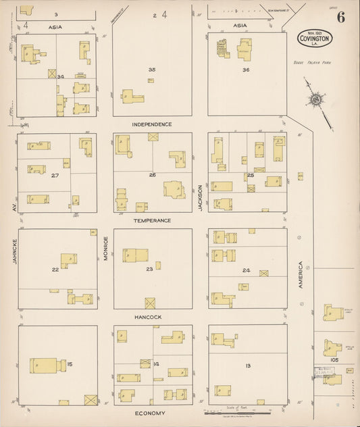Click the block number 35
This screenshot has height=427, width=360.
tap(152, 69)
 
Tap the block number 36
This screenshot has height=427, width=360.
tap(246, 70)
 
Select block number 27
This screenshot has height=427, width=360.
tap(55, 175)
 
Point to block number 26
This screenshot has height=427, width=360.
tap(153, 175)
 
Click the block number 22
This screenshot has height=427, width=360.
tap(55, 269)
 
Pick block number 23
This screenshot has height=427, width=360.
tap(150, 269)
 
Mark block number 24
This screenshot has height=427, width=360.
tap(247, 271)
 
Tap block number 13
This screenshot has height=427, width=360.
tap(248, 366)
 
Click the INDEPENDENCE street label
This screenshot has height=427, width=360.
tap(152, 124)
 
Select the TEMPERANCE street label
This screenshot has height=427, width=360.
tap(152, 221)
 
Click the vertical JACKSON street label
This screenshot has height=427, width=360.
tap(201, 198)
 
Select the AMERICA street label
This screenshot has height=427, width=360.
tap(301, 276)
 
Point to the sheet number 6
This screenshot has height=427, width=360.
tap(341, 18)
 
